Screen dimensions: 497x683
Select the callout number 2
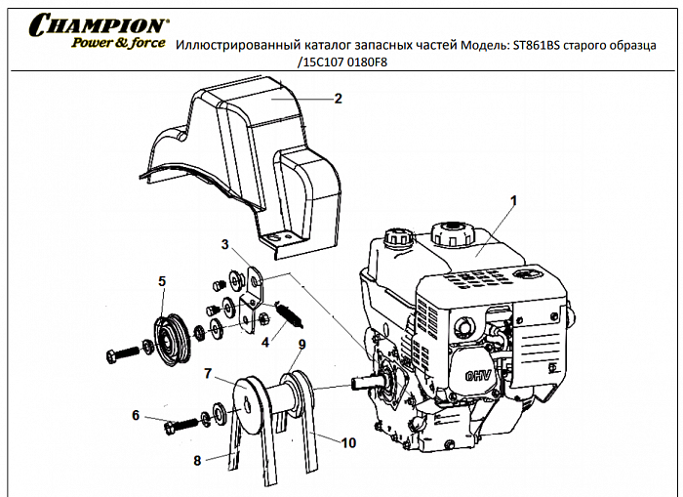pyautogui.click(x=338, y=98)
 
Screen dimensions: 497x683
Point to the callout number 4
pyautogui.click(x=264, y=342)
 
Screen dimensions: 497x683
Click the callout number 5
pyautogui.click(x=162, y=281)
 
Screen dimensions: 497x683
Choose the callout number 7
pyautogui.click(x=208, y=373)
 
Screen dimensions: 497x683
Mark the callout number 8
pyautogui.click(x=197, y=460)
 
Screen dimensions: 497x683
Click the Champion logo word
pyautogui.click(x=97, y=23)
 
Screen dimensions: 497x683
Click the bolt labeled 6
pyautogui.click(x=181, y=427)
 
